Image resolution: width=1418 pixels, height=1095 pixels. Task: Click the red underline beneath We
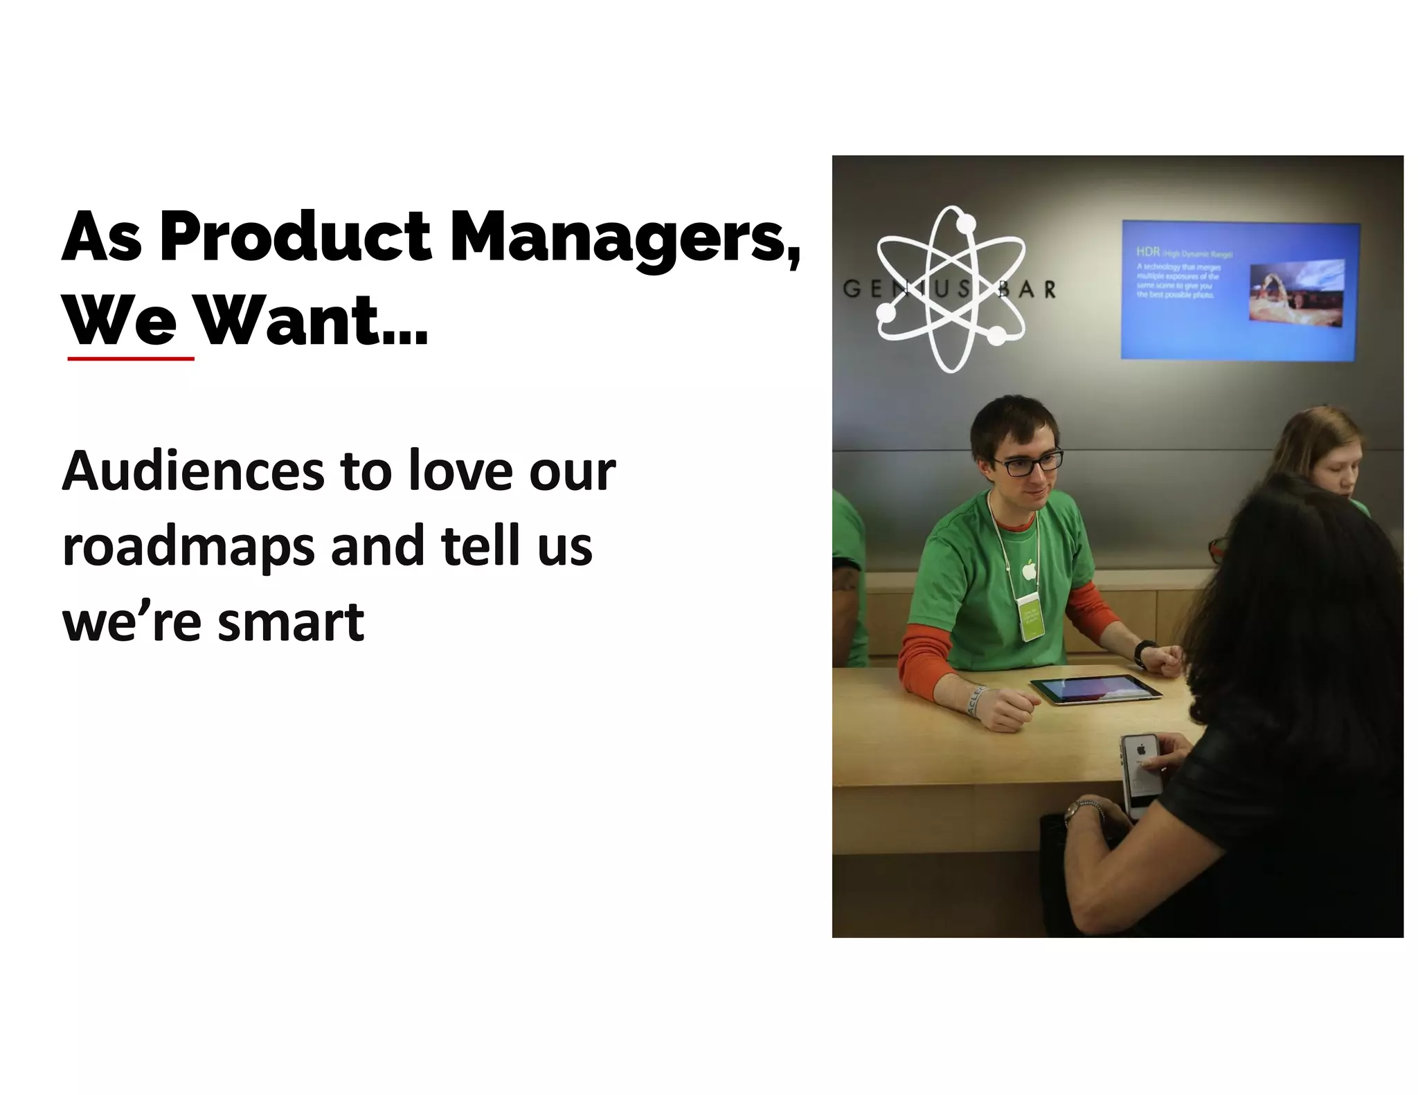[131, 359]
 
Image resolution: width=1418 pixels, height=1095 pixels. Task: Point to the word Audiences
[194, 471]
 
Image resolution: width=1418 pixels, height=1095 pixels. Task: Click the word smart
[290, 621]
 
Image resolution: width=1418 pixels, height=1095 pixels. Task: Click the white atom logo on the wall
[950, 289]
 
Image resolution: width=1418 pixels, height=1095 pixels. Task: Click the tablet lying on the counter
[1095, 689]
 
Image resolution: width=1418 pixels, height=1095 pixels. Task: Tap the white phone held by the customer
[1141, 772]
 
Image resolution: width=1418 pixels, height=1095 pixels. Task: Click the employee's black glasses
[1027, 462]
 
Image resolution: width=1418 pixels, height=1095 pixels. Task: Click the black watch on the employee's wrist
[1143, 653]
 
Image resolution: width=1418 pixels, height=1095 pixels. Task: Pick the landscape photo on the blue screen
[1296, 289]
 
